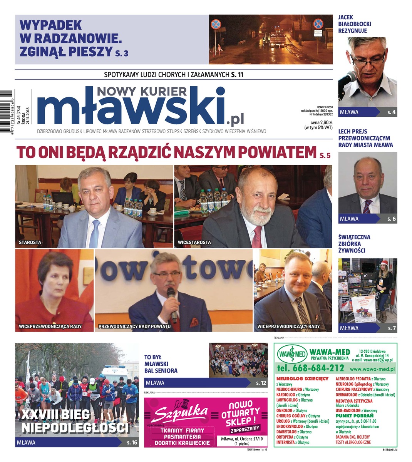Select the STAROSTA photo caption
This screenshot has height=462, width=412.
pos(30,243)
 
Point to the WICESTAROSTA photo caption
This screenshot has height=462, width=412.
pos(194,243)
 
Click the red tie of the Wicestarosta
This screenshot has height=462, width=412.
pos(256,237)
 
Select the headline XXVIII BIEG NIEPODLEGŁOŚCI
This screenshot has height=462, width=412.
pos(75,421)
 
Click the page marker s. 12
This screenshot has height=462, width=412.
pos(261,383)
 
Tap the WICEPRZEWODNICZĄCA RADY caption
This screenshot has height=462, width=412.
pos(50,326)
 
